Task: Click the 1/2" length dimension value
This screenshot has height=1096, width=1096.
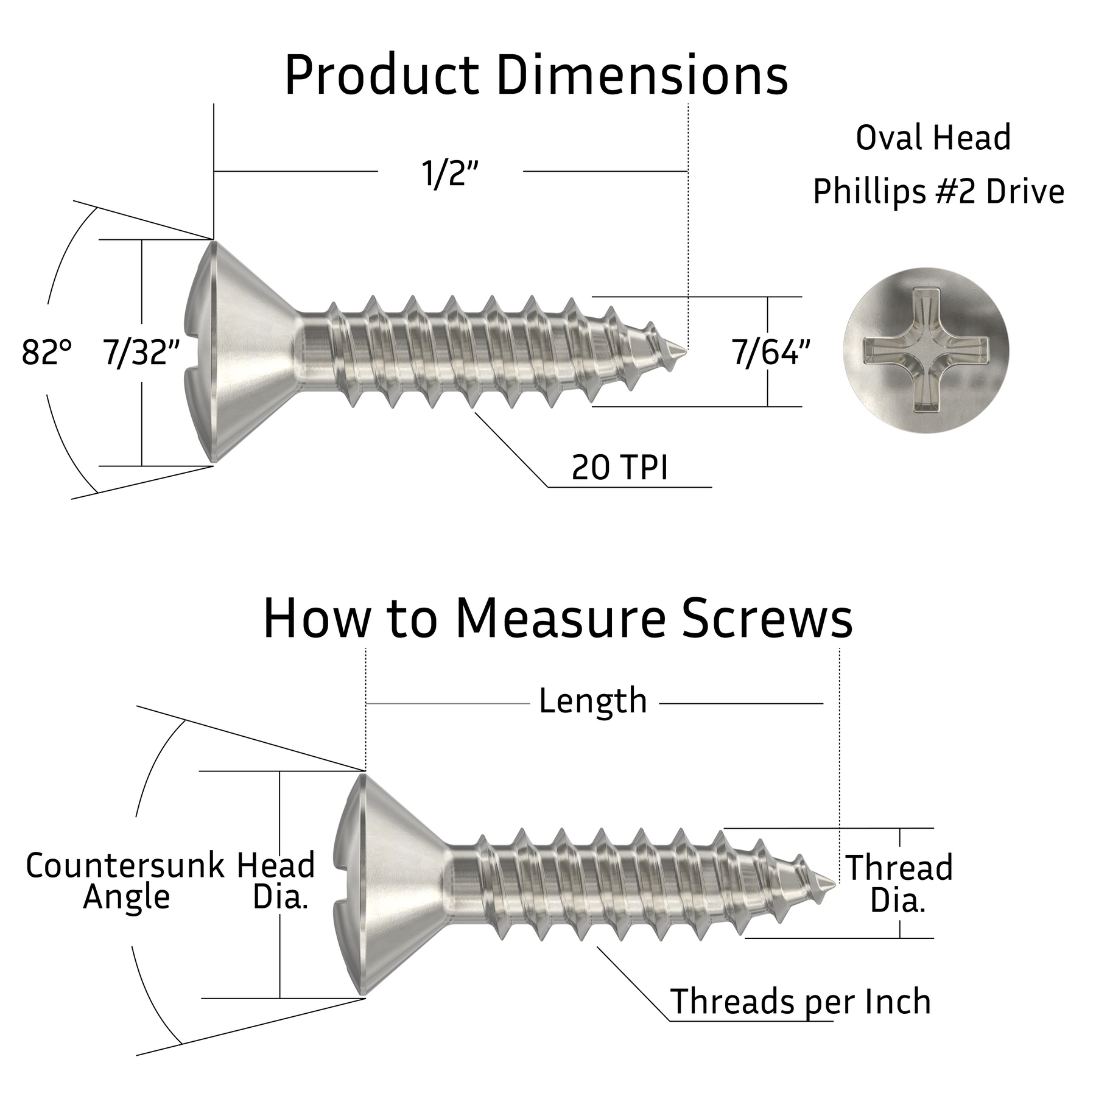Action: [x=449, y=174]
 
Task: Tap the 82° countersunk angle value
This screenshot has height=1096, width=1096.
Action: [x=46, y=352]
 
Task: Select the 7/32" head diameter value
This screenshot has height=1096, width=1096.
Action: [x=141, y=352]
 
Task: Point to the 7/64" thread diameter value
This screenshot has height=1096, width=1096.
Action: [x=771, y=352]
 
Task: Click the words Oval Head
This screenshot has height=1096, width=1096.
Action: [x=933, y=138]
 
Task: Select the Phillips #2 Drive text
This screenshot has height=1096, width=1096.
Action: [x=938, y=192]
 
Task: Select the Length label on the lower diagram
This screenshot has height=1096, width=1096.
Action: [x=592, y=701]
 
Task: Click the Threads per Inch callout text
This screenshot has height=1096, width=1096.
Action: [x=800, y=1002]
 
